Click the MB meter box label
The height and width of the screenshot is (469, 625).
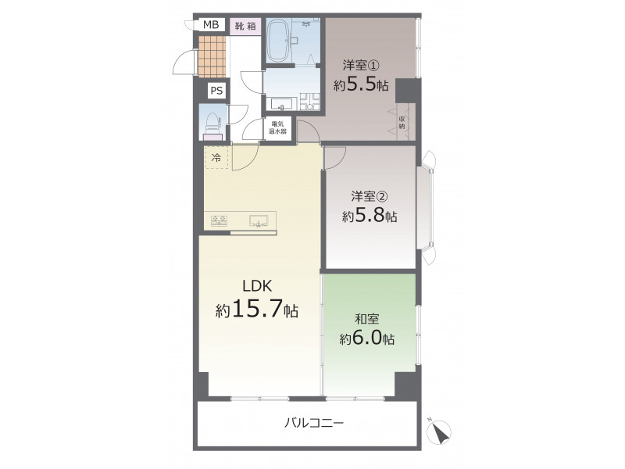[x=211, y=25]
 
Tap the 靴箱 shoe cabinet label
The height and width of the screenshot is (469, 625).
[x=245, y=27]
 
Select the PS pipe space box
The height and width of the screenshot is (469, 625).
[x=216, y=91]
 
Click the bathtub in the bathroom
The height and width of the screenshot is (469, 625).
[x=278, y=41]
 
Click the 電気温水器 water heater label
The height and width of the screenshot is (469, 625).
[x=277, y=127]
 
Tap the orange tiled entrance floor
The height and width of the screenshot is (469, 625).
[x=212, y=56]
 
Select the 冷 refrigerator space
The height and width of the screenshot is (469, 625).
[x=216, y=158]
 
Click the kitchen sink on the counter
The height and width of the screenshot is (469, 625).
[x=258, y=221]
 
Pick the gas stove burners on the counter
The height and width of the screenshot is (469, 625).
[x=220, y=221]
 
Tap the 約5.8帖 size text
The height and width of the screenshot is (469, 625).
[x=370, y=217]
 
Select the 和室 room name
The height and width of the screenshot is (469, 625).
[x=366, y=319]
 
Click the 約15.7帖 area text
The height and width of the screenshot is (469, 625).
[x=257, y=309]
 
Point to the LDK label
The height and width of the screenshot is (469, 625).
[x=258, y=286]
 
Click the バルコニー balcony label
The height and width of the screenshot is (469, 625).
[x=315, y=422]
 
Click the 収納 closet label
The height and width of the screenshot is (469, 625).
[x=402, y=123]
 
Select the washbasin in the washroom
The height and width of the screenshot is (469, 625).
[x=281, y=104]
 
